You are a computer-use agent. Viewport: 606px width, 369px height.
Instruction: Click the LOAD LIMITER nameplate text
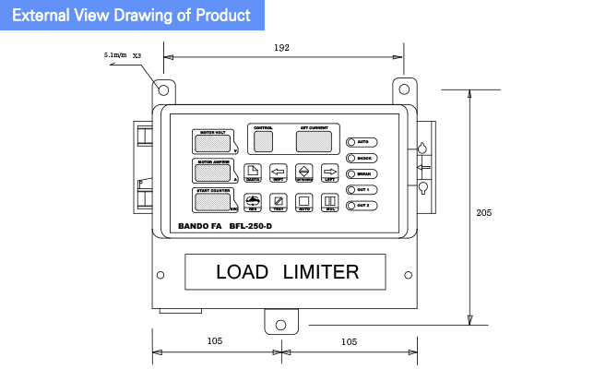[287, 272]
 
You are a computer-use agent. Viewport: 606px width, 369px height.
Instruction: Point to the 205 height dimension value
[484, 212]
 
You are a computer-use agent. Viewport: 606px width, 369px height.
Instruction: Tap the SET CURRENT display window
[315, 141]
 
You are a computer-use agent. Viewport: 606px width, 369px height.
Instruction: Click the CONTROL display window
[263, 141]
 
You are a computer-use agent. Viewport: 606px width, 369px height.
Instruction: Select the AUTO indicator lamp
[351, 142]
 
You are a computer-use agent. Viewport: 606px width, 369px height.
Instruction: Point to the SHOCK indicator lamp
[351, 158]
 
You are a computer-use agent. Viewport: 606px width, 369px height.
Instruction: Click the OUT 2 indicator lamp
[351, 205]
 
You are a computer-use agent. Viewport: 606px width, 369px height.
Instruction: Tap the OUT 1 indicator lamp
[351, 189]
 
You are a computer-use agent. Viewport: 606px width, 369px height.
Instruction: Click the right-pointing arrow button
[329, 172]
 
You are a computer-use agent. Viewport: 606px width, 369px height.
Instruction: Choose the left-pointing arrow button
[278, 172]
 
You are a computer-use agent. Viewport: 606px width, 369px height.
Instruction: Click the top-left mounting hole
[163, 90]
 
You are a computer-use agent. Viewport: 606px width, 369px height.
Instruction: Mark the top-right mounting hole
[403, 90]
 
